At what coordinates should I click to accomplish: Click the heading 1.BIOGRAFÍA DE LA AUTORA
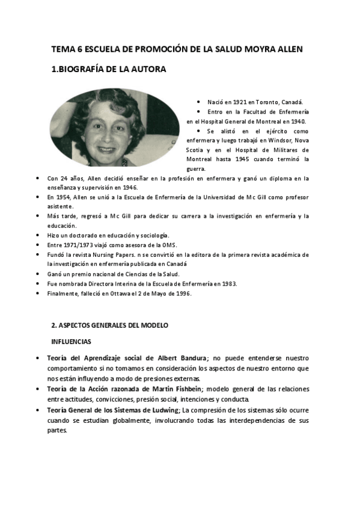pos(109,70)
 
